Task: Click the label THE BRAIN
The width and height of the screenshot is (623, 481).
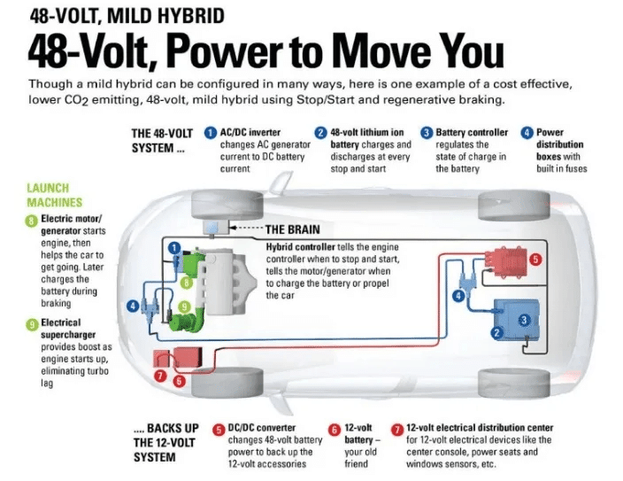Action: [292, 229]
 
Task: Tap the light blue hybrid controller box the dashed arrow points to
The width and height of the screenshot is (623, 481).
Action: [215, 227]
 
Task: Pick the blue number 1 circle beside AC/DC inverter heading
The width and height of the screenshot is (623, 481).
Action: [211, 133]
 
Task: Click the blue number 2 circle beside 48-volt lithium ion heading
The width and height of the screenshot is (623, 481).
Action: [320, 133]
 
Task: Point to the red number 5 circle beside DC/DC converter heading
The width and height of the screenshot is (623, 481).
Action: [219, 430]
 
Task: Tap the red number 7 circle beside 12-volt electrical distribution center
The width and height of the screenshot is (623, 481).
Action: [397, 430]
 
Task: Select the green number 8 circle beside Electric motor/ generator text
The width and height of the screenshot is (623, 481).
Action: [31, 221]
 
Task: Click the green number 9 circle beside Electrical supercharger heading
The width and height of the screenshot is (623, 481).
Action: [31, 324]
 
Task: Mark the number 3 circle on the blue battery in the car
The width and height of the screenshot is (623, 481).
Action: [524, 320]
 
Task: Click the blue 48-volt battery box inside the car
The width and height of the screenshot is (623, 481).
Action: [517, 320]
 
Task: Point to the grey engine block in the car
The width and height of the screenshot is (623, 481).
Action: [225, 282]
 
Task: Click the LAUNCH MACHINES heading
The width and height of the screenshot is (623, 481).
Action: [55, 195]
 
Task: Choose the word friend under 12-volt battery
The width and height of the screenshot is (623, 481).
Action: [356, 464]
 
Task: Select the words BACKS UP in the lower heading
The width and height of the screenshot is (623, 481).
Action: [173, 428]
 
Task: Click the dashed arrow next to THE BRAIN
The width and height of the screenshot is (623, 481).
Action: [246, 228]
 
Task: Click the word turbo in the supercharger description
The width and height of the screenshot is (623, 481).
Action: [97, 371]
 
